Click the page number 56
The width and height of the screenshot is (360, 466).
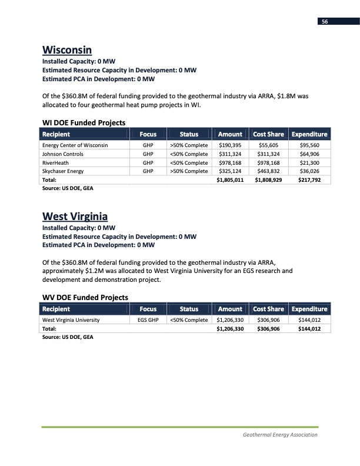coord(324,21)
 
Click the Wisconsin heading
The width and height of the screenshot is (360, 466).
coord(68,49)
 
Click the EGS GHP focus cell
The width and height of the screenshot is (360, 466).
coord(148,320)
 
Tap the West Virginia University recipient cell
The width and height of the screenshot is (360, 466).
coord(70,320)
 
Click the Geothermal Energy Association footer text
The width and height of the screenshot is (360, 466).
coord(280,435)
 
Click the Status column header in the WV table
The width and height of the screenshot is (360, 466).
coord(189,309)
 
